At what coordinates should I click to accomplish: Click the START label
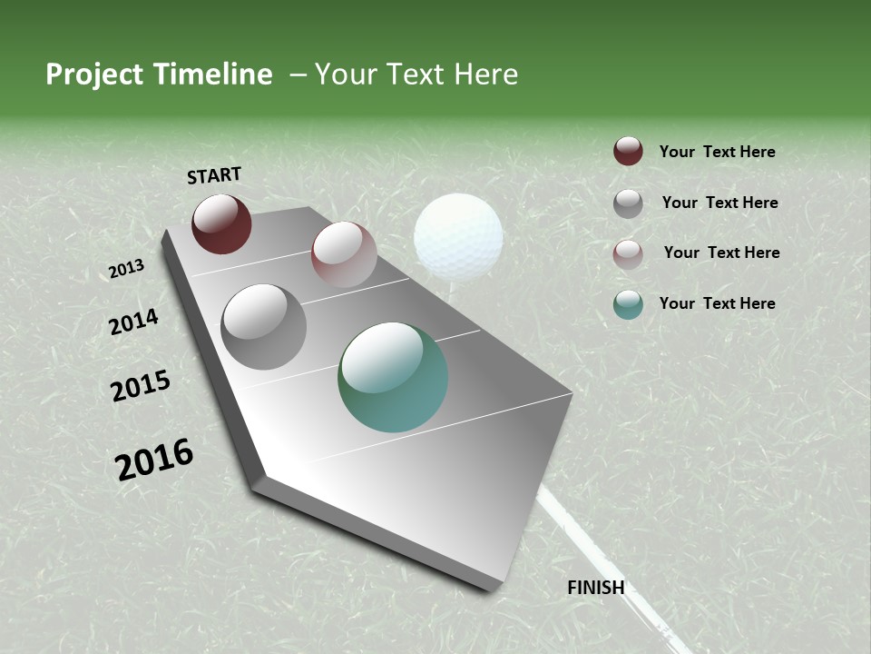(x=214, y=175)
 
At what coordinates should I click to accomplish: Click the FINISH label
(x=596, y=588)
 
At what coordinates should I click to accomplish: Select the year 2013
(x=127, y=269)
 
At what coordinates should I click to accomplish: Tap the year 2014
(x=134, y=322)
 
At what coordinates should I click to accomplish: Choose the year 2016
(x=154, y=460)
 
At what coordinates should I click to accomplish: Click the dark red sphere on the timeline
(x=221, y=223)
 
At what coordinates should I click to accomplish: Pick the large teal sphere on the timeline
(x=393, y=377)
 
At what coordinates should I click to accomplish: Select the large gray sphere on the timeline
(x=264, y=327)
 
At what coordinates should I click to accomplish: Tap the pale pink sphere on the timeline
(x=344, y=254)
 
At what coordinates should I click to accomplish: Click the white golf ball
(x=458, y=235)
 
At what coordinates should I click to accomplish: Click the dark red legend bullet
(x=628, y=152)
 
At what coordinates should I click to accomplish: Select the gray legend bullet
(x=628, y=203)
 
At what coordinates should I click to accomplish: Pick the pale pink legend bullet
(x=628, y=253)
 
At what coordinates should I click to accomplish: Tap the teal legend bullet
(x=628, y=304)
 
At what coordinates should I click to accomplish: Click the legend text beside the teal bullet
(x=717, y=303)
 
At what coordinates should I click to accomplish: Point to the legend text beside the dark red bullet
(x=717, y=152)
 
